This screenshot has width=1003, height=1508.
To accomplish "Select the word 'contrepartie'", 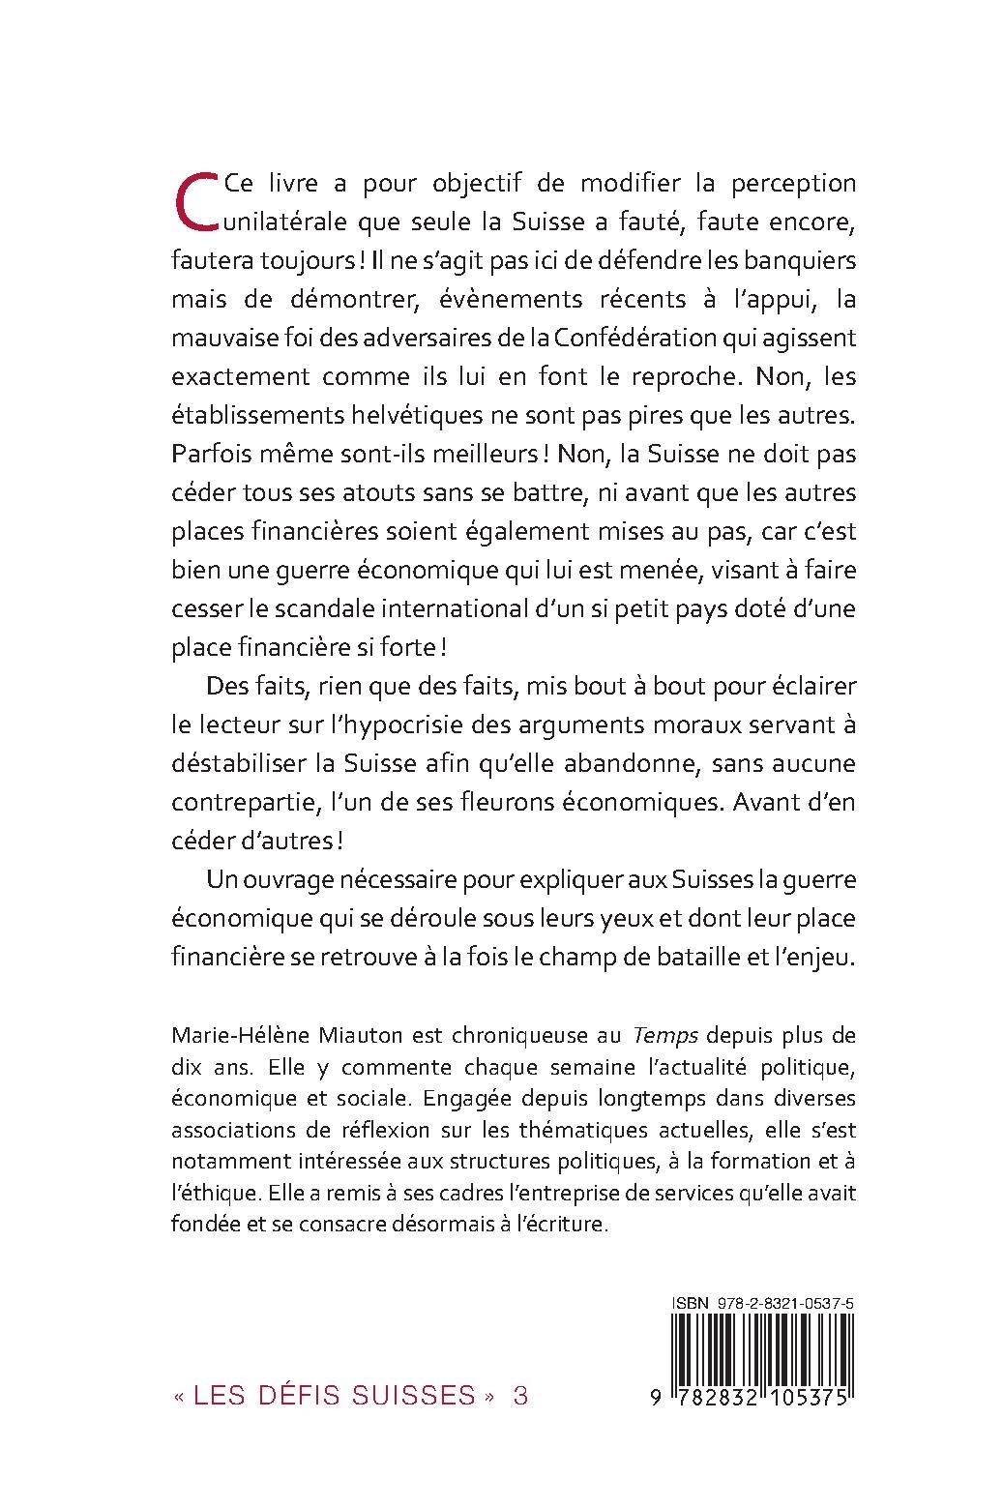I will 256,803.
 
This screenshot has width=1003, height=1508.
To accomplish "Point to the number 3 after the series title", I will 520,1395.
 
